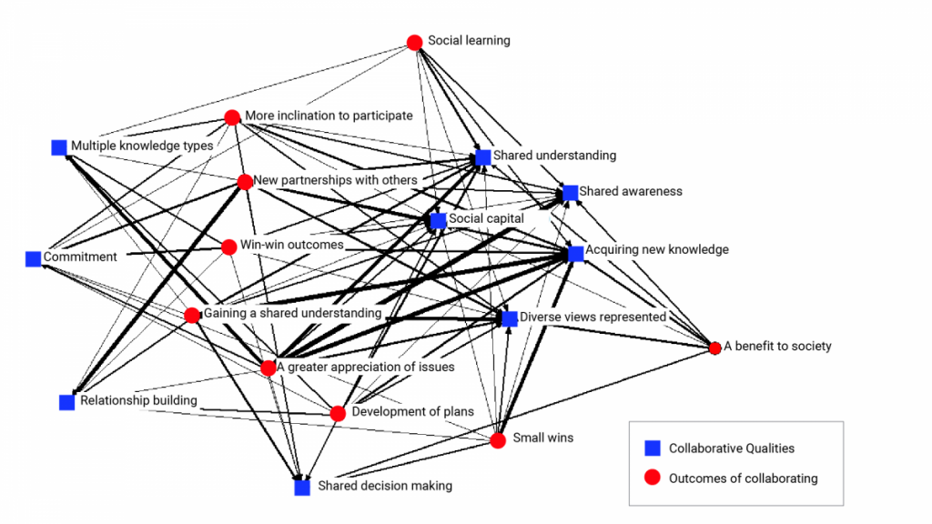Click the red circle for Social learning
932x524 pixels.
click(x=414, y=42)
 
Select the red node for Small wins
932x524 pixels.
click(x=498, y=440)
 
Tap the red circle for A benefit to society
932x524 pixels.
click(x=715, y=348)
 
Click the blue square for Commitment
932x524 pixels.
click(x=34, y=258)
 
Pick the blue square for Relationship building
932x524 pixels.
click(x=66, y=402)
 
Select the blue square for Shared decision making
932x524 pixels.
click(x=302, y=488)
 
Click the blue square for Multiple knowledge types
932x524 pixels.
click(x=59, y=146)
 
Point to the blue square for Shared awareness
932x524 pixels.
click(x=570, y=192)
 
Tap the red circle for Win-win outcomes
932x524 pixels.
click(x=228, y=247)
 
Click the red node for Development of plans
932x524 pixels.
click(x=338, y=413)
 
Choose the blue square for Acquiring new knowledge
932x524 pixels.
click(x=575, y=254)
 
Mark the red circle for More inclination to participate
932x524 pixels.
click(x=232, y=117)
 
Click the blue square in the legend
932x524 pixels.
click(x=652, y=448)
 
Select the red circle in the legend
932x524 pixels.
click(x=652, y=478)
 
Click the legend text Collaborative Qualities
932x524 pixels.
click(x=731, y=448)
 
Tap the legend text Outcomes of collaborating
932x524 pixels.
click(x=743, y=478)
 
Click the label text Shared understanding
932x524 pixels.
click(x=554, y=156)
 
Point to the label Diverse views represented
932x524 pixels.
click(x=593, y=317)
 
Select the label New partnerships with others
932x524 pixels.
click(x=335, y=180)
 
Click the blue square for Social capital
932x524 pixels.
click(x=439, y=221)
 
